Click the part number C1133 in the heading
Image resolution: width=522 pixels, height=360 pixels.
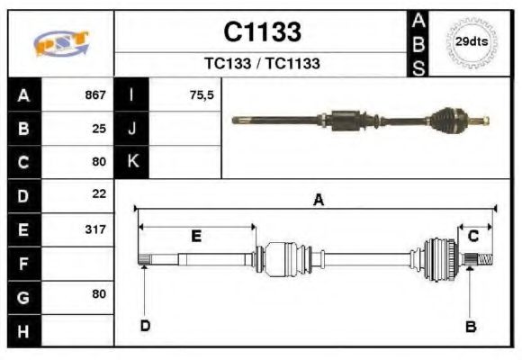click(x=262, y=32)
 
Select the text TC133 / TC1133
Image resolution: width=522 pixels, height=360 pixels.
click(x=262, y=64)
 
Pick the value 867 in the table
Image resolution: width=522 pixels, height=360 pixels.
click(x=95, y=94)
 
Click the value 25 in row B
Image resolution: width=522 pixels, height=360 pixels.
click(x=99, y=128)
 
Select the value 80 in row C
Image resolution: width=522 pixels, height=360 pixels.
click(x=99, y=162)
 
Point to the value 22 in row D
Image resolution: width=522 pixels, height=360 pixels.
click(x=99, y=193)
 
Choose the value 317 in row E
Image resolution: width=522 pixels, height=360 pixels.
click(x=95, y=229)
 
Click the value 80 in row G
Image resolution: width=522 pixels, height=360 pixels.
click(x=99, y=293)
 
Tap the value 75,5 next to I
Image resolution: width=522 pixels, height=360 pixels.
click(x=202, y=94)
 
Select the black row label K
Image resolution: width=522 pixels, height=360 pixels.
click(x=131, y=162)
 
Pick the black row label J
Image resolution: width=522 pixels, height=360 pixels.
click(x=131, y=128)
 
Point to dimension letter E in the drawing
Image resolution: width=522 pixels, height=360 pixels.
click(x=195, y=236)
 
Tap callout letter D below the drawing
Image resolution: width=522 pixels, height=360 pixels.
click(x=144, y=325)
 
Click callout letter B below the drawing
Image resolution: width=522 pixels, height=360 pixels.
click(x=470, y=326)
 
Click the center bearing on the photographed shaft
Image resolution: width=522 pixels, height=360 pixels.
click(x=346, y=120)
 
